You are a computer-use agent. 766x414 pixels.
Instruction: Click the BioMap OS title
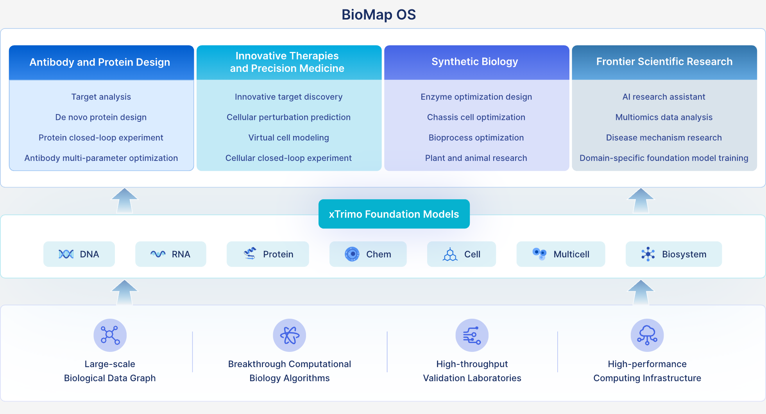(x=378, y=15)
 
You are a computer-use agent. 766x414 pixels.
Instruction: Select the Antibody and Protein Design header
(x=100, y=62)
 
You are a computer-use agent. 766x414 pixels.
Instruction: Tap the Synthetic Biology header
(x=474, y=62)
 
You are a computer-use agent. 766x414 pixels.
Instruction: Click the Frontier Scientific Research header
(x=664, y=62)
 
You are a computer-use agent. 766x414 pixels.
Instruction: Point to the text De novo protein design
(x=101, y=117)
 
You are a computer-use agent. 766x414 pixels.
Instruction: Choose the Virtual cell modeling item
(x=288, y=137)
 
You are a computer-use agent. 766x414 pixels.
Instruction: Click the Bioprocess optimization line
(x=476, y=137)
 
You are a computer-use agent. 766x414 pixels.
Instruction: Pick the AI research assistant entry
(x=664, y=97)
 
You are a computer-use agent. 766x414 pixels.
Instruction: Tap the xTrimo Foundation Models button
(x=394, y=214)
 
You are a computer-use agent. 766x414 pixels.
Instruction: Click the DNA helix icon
(x=66, y=254)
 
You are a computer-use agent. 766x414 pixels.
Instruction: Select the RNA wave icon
(x=158, y=254)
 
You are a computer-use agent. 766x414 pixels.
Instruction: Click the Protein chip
(x=268, y=254)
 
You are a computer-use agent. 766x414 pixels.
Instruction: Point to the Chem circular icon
(x=352, y=254)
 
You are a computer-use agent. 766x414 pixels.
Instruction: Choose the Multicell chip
(x=560, y=254)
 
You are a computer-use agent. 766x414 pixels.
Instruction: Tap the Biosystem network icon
(x=648, y=254)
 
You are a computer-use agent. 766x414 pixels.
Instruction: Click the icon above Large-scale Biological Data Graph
(x=110, y=335)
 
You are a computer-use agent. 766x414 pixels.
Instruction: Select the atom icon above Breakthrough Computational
(x=289, y=335)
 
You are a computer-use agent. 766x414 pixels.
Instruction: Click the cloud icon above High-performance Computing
(x=647, y=335)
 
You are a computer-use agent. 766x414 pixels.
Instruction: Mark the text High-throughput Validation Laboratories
(x=472, y=371)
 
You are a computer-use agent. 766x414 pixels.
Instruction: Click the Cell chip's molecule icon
(x=450, y=254)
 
